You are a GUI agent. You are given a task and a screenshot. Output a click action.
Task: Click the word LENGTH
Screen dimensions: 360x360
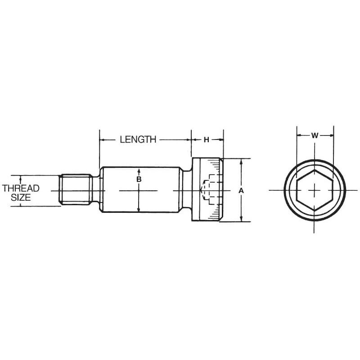138,139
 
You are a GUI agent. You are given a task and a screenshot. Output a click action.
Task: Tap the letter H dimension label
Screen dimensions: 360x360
207,139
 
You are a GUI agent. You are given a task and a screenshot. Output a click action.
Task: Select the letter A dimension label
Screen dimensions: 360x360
241,190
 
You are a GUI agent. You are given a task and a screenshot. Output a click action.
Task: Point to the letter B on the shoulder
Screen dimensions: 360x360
139,180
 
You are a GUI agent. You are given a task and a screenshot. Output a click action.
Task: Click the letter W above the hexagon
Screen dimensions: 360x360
315,135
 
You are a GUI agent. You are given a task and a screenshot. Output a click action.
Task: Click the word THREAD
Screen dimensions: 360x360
21,188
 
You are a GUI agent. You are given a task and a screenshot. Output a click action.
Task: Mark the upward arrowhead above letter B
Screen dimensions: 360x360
139,171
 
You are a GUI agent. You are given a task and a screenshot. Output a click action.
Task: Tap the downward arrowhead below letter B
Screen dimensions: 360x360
139,210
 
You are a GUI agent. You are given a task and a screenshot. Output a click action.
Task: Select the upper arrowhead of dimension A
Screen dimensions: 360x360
241,161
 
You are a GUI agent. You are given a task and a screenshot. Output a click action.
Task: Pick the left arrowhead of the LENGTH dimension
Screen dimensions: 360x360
102,140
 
